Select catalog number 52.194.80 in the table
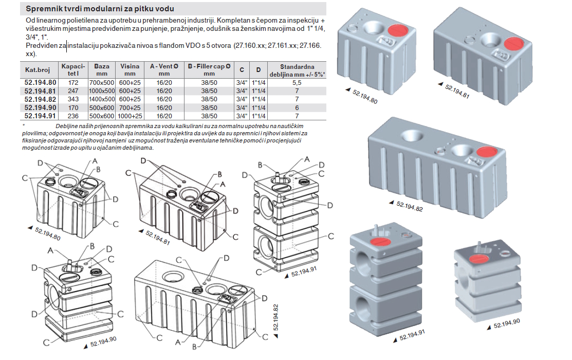[41, 82]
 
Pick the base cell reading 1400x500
[102, 99]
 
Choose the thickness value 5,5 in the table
[296, 82]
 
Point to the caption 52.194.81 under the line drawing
[157, 237]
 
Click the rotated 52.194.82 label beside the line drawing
[276, 316]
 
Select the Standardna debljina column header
[297, 70]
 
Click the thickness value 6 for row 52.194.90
[296, 107]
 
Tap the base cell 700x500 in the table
[102, 82]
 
